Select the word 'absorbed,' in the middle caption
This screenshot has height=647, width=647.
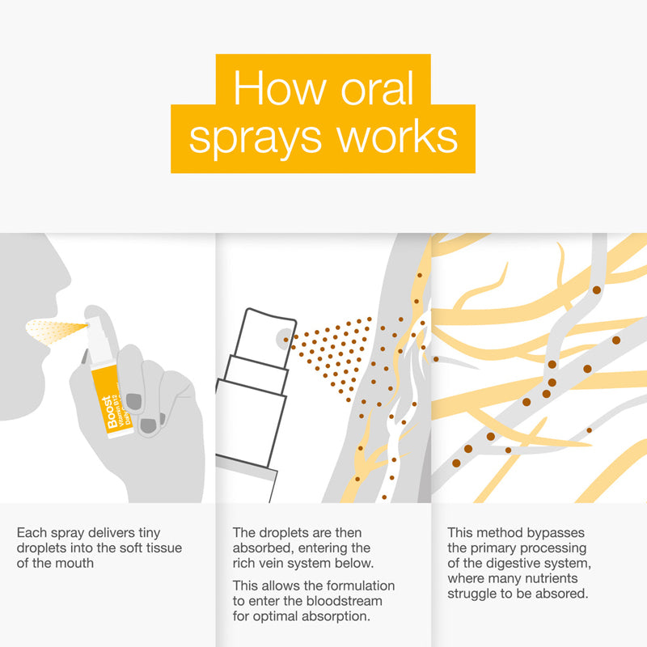[261, 548]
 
